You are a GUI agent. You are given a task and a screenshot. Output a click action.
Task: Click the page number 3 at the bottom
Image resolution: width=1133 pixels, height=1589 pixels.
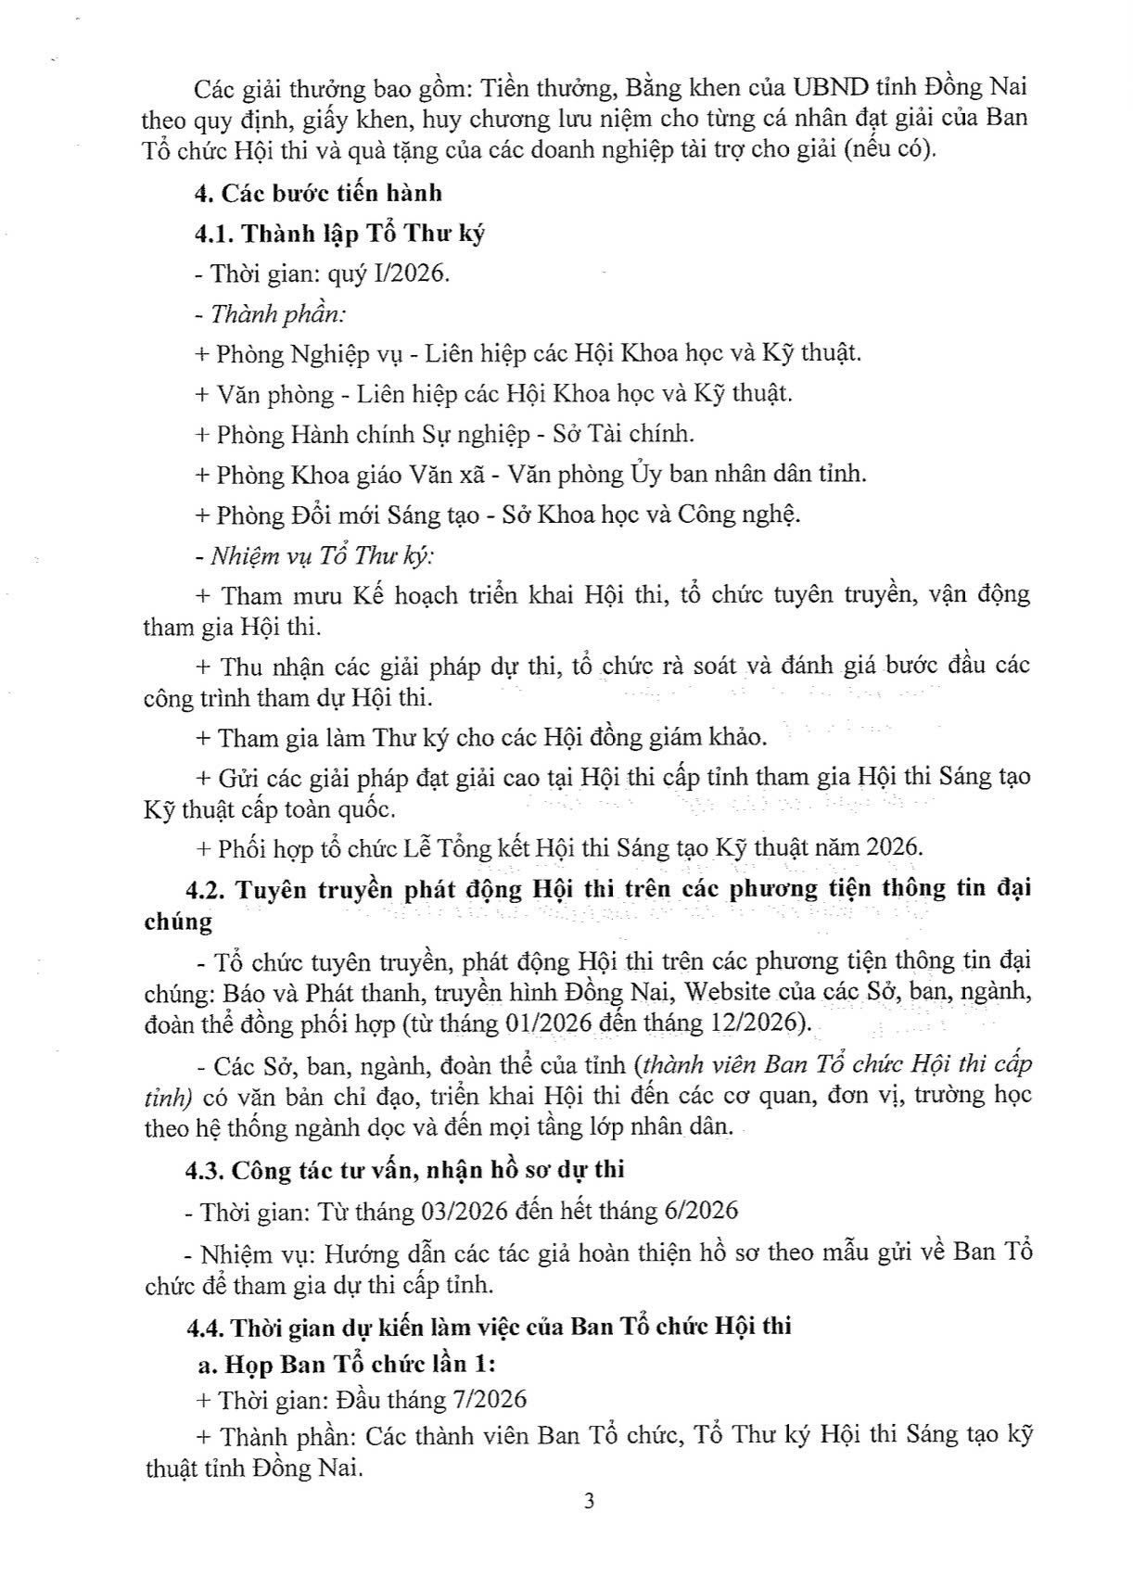(589, 1501)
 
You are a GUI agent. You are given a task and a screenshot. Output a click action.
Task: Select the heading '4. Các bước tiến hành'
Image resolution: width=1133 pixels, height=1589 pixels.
(318, 194)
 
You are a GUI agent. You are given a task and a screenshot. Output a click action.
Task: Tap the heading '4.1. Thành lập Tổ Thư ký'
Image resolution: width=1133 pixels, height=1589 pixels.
(339, 234)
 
